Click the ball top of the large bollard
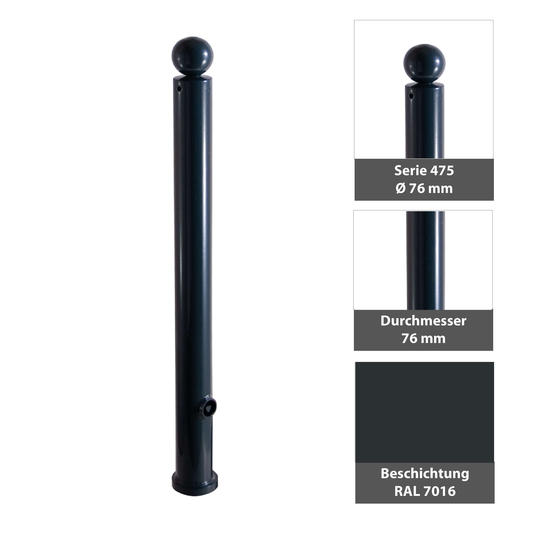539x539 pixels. [x=192, y=56]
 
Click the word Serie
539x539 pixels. [x=406, y=171]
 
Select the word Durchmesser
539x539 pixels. [x=423, y=321]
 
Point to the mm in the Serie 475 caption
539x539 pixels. [x=440, y=189]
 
